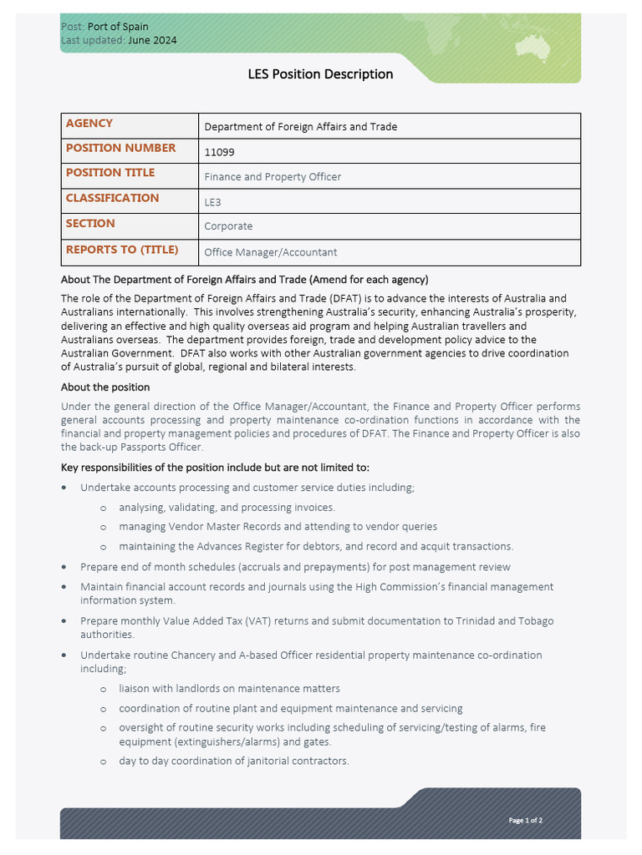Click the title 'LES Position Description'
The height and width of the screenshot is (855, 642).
tap(320, 74)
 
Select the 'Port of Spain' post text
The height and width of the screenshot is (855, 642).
tap(118, 27)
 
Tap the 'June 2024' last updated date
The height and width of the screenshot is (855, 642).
tap(152, 40)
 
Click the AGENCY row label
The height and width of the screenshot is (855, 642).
tap(89, 124)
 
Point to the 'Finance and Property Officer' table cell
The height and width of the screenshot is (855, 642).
tap(273, 177)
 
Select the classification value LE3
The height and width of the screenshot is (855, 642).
tap(213, 202)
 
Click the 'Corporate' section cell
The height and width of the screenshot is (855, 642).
tap(228, 226)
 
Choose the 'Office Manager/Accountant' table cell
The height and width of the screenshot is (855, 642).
tap(271, 252)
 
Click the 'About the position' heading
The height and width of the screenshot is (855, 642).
tap(105, 387)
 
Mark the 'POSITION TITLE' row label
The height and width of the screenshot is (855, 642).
tap(110, 173)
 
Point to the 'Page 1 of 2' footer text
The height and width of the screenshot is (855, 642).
tap(526, 820)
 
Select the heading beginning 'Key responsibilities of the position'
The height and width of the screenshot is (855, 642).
tap(215, 468)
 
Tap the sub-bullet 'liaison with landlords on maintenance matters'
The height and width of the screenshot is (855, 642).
tap(229, 689)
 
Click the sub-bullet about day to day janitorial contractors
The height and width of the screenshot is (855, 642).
tap(233, 761)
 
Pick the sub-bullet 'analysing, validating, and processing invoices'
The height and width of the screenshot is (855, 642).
tap(227, 507)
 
